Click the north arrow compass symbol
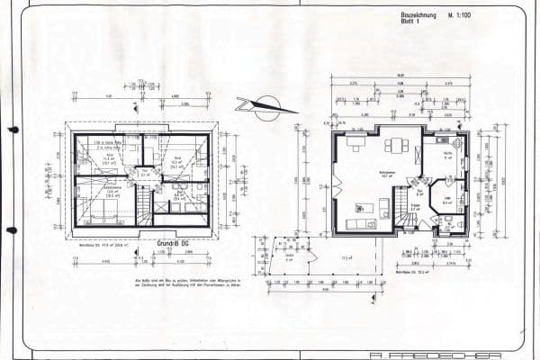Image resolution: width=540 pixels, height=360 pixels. tap(265, 107)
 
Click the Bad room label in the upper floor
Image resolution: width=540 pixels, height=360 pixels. tap(179, 193)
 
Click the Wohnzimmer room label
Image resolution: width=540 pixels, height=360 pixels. tap(388, 174)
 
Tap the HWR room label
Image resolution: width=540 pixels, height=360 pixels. tap(446, 201)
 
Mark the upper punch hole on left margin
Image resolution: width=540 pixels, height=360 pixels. tap(11, 130)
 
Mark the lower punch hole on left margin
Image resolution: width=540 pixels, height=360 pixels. tap(11, 230)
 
